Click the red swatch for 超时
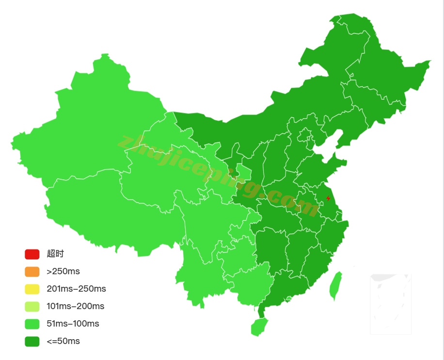click(x=32, y=254)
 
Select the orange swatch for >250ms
click(x=32, y=271)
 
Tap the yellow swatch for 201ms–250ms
click(x=32, y=289)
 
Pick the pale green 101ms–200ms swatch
click(x=32, y=306)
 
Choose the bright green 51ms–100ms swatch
click(x=32, y=324)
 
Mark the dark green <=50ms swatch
click(x=32, y=341)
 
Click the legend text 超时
click(x=55, y=254)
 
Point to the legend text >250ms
click(x=63, y=271)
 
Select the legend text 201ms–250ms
click(x=76, y=289)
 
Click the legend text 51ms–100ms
click(x=73, y=324)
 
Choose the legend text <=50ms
click(x=63, y=341)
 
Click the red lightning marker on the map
click(x=328, y=198)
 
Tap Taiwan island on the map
click(x=335, y=286)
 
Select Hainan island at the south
click(x=259, y=326)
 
